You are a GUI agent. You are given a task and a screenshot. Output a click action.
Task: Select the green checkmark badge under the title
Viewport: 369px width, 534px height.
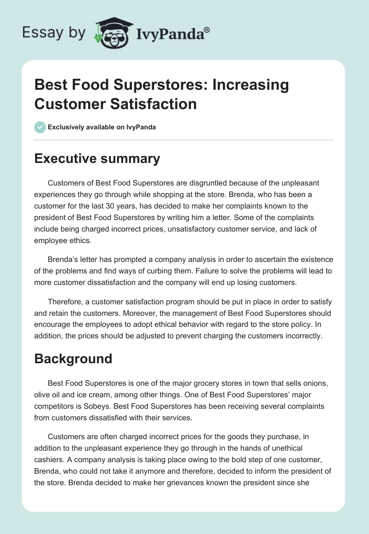point(40,127)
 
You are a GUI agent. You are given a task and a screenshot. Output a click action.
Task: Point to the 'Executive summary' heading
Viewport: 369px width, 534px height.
point(97,159)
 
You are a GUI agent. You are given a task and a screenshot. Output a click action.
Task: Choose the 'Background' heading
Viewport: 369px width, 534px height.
point(73,359)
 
